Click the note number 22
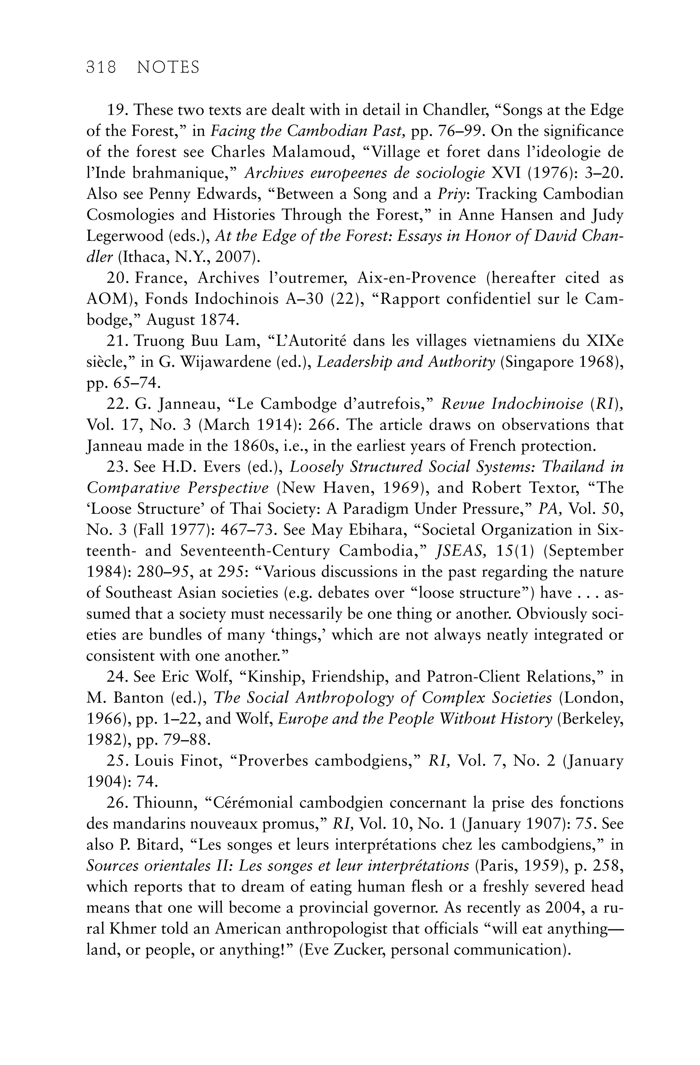pos(116,404)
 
